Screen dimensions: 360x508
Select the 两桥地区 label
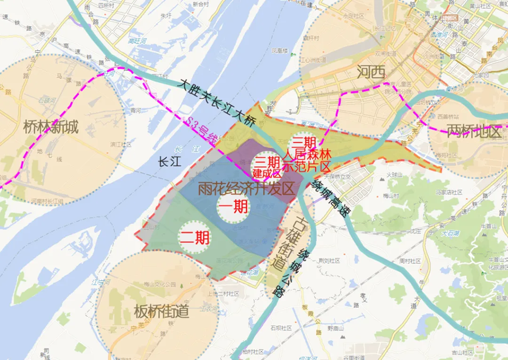pos(473,131)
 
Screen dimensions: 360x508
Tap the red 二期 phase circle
pos(194,236)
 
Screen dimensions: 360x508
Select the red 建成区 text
pos(266,172)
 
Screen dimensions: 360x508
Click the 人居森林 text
pos(307,154)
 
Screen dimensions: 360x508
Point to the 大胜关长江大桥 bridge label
pos(218,101)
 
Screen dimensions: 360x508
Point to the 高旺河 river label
pos(138,41)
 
